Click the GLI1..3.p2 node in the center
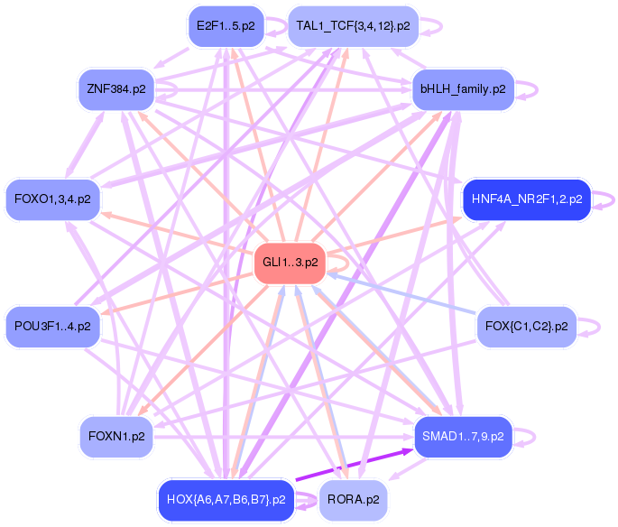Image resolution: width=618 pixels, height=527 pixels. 290,263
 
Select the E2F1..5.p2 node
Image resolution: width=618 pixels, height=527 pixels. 226,26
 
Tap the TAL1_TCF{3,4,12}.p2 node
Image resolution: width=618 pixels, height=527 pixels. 353,26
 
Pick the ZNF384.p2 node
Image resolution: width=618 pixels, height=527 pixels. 116,88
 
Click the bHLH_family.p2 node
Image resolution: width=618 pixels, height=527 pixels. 463,88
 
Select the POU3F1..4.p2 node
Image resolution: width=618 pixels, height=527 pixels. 52,326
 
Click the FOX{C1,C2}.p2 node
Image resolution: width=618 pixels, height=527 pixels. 526,326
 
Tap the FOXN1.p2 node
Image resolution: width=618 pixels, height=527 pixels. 116,437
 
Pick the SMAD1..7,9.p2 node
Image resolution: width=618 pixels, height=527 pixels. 463,437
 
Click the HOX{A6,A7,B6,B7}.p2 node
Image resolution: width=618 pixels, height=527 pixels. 226,499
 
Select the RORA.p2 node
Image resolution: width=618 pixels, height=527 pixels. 353,499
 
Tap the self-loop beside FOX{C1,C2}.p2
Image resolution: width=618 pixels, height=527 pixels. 591,326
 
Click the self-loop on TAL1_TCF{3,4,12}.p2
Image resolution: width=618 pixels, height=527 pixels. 432,26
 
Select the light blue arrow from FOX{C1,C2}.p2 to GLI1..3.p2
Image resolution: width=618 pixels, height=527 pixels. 406,295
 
